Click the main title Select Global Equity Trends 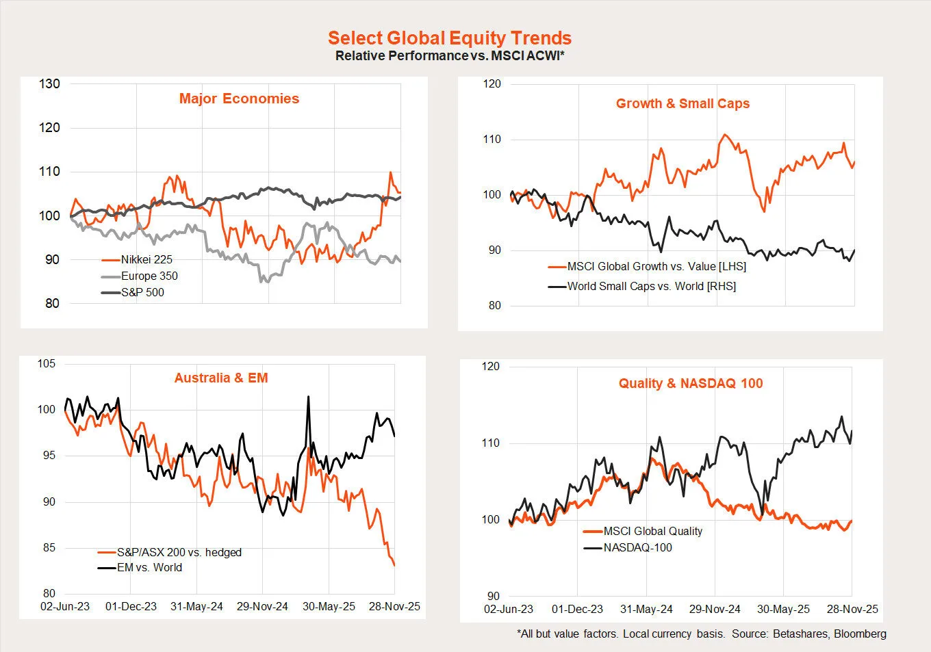click(x=449, y=38)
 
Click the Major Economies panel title click(x=239, y=99)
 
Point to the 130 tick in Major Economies click(x=49, y=84)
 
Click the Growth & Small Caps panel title click(x=683, y=103)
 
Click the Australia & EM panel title click(x=221, y=378)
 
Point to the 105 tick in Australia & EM click(x=47, y=363)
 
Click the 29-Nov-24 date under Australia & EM click(x=262, y=606)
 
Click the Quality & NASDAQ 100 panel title click(x=691, y=383)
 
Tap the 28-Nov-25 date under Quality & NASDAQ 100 click(x=852, y=609)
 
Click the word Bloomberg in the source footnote click(x=860, y=634)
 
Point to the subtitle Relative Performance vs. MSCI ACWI click(x=449, y=56)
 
